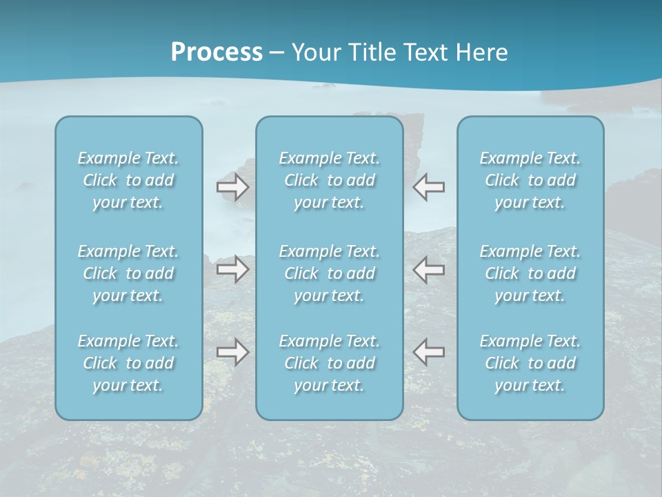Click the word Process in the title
pos(217,52)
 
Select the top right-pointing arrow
pos(232,187)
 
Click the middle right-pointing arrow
pos(232,269)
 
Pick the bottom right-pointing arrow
pos(232,352)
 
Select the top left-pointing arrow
pos(429,187)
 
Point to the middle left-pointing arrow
pos(429,269)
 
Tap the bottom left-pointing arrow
pos(429,352)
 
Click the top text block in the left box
pos(128,180)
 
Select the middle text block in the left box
pos(128,273)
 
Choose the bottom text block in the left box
pos(128,363)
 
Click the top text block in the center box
pos(330,180)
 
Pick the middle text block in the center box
pos(330,273)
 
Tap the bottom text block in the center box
pos(330,363)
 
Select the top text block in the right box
pos(530,180)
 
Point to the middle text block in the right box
pos(530,273)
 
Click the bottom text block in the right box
pos(530,363)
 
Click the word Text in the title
pos(425,52)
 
